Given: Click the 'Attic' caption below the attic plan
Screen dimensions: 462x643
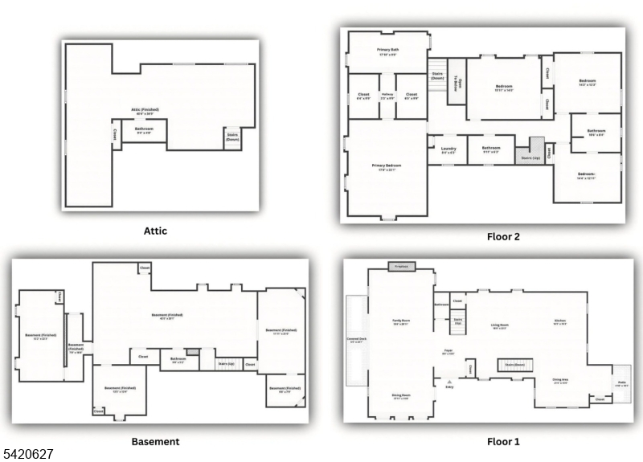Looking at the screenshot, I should coord(155,231).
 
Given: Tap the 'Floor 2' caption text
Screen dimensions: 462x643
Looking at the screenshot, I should coord(503,236).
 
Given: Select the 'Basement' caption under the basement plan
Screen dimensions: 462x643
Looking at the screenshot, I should coord(155,441).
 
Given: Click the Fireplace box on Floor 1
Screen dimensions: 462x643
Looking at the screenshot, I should coord(401,266).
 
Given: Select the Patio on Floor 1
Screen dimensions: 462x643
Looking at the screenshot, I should coord(621,385).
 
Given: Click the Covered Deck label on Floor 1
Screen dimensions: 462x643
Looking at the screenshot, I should coord(357,340).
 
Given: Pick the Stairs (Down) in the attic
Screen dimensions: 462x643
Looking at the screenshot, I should coord(233,137).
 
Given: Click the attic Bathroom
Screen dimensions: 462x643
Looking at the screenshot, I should coord(145,130).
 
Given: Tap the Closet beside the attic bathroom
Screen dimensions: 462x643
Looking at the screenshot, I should coord(114,133).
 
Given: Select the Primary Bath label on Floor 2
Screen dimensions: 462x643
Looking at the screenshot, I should coord(389,51).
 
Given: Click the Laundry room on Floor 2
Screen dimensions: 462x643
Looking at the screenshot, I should coord(448,149).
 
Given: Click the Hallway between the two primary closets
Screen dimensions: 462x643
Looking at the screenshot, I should coord(387,96).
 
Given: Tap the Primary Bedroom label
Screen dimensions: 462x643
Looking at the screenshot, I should coord(386,167).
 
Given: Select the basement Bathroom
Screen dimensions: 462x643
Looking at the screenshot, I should coord(178,361).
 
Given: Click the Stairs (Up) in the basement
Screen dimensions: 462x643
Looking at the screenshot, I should coord(226,363).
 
